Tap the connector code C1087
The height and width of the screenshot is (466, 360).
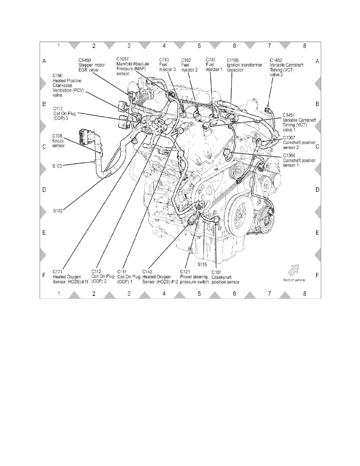tap(123, 60)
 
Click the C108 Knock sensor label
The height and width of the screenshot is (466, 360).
tap(58, 142)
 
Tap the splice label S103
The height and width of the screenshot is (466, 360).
tap(58, 166)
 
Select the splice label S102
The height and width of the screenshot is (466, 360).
tap(59, 210)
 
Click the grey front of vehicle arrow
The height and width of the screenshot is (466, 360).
tap(294, 269)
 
